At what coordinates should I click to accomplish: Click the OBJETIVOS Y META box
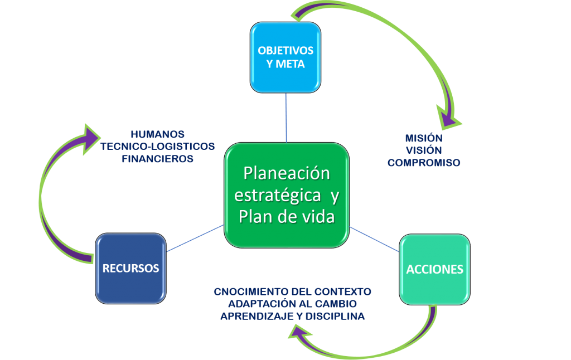tap(285, 57)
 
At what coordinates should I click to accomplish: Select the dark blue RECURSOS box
tap(130, 268)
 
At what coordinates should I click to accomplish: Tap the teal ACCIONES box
tap(434, 269)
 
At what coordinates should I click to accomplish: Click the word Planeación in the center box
tap(287, 173)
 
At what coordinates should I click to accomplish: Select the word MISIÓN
tap(424, 138)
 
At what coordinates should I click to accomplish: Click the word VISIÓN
tap(424, 150)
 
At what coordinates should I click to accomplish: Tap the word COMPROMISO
tap(424, 163)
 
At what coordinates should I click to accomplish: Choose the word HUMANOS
tap(157, 134)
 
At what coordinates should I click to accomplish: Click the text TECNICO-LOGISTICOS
tap(157, 146)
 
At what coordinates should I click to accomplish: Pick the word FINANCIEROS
tap(157, 158)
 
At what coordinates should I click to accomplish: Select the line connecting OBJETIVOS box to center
tap(286, 117)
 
